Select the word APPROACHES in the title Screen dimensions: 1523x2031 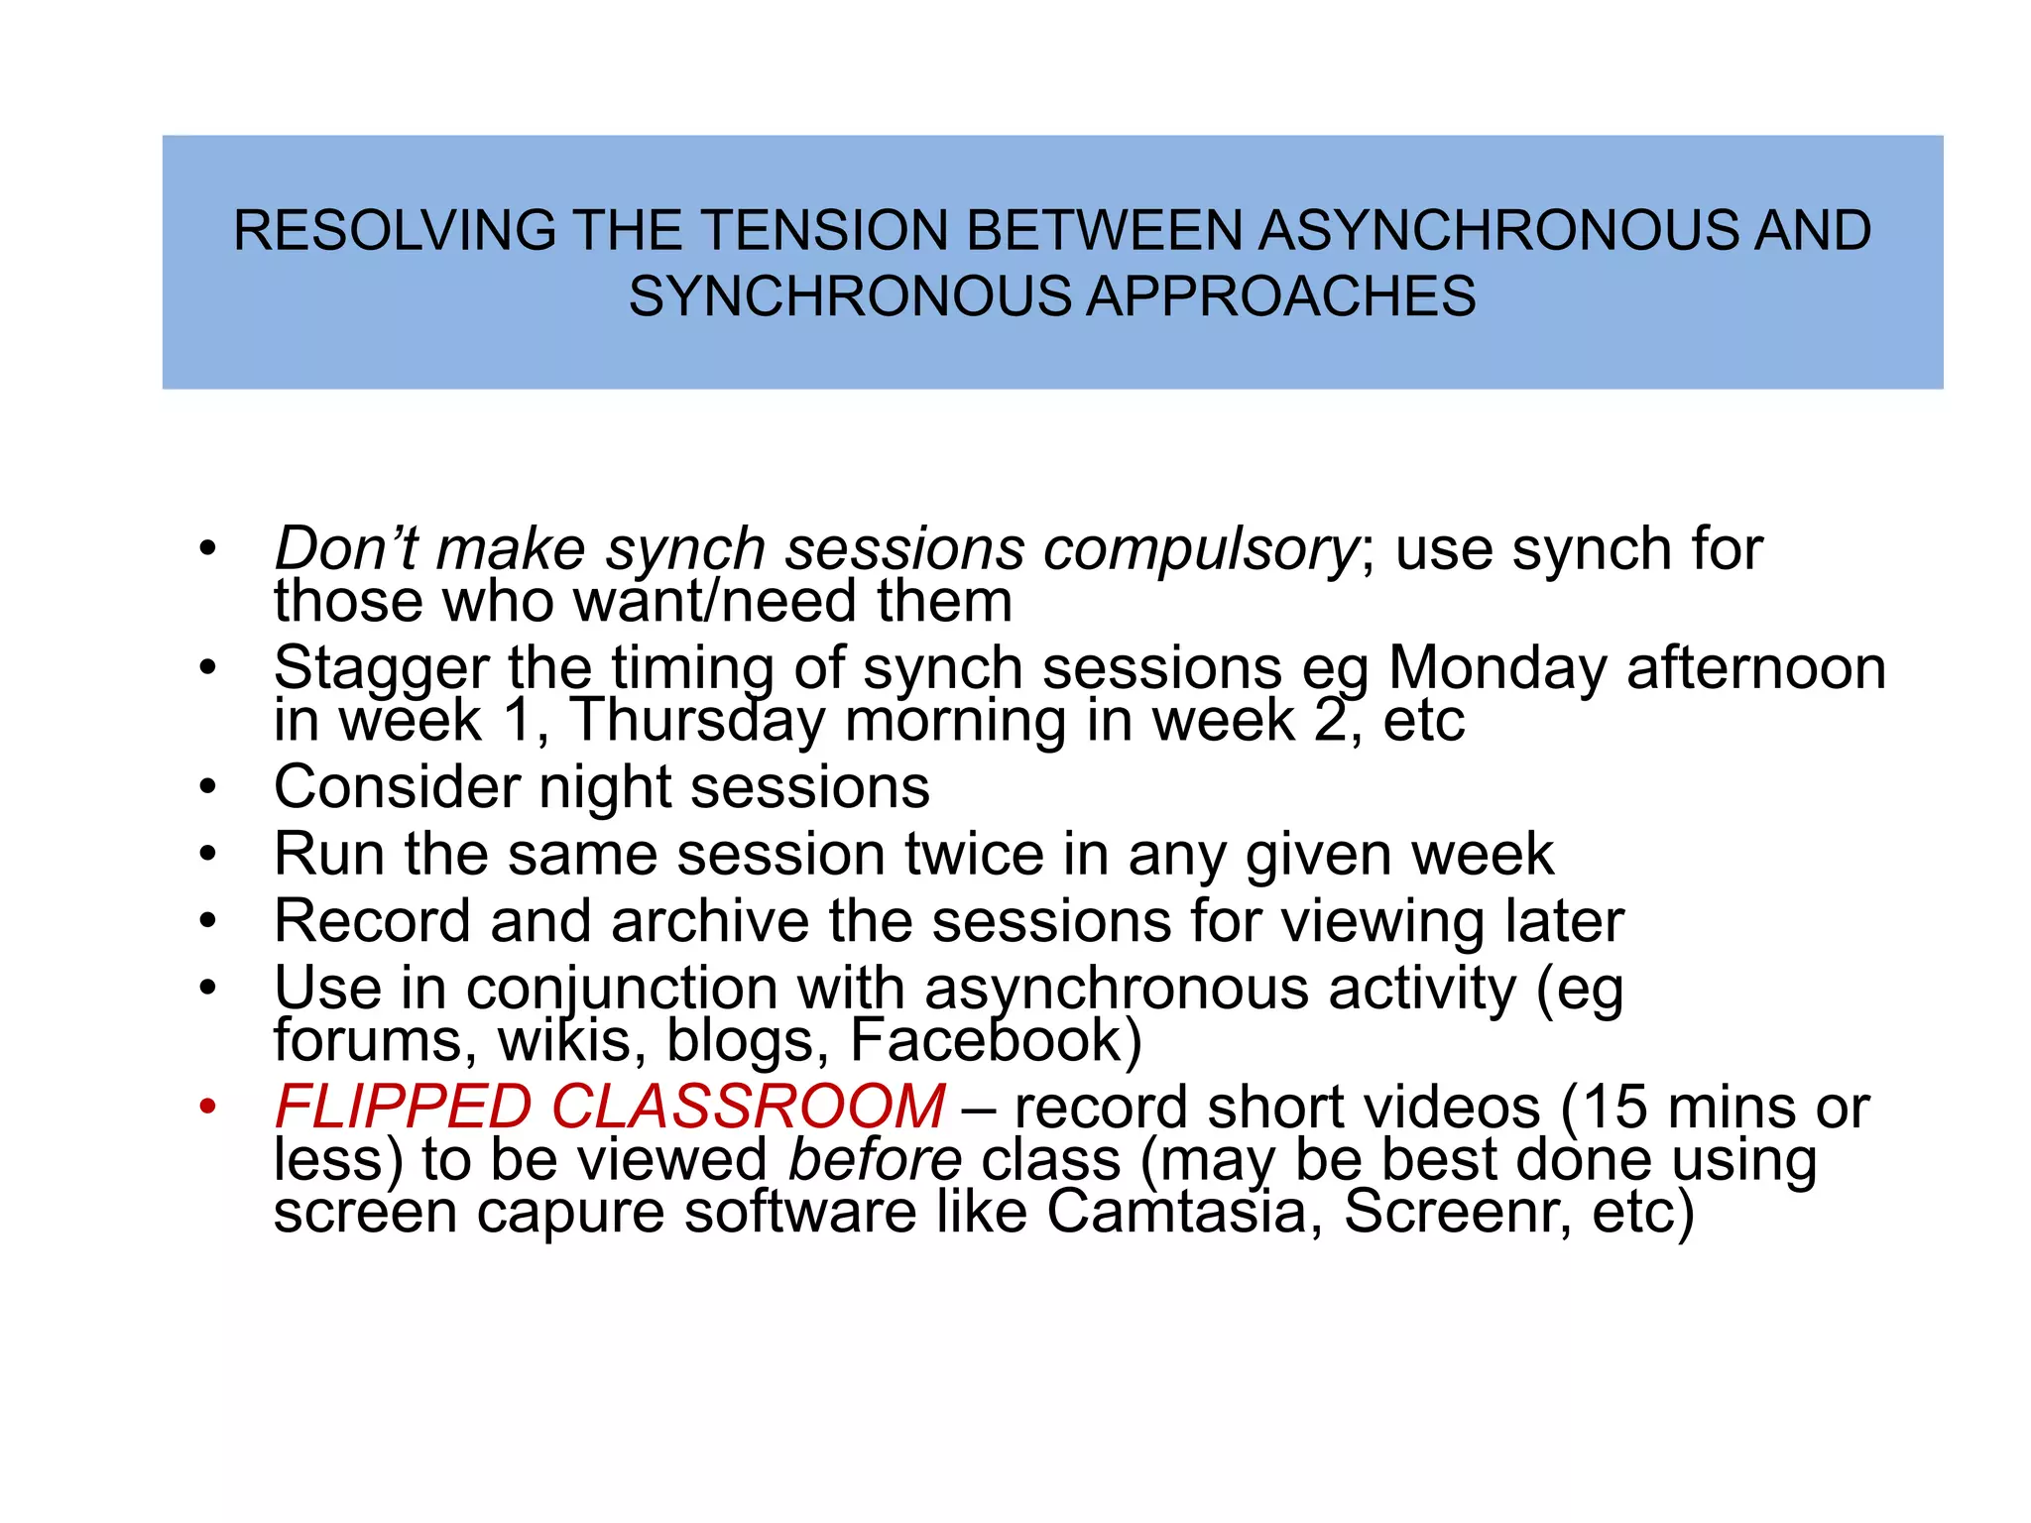click(1281, 296)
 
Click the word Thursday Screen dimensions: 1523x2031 click(697, 722)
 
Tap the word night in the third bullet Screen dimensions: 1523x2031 click(604, 788)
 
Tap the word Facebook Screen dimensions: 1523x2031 click(996, 1040)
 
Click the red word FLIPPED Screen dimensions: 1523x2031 click(403, 1107)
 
